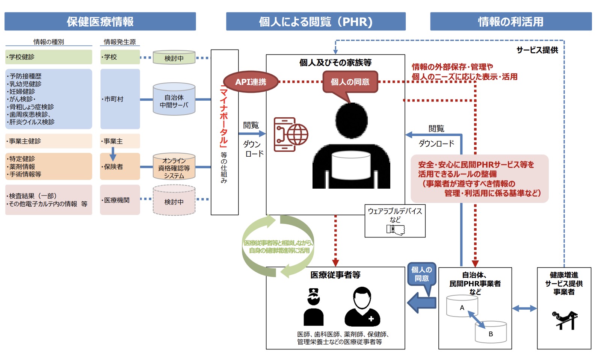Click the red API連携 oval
(251, 82)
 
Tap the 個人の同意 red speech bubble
(350, 82)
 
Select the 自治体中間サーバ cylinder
(174, 100)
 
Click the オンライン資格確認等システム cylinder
(174, 167)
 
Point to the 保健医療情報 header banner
(100, 21)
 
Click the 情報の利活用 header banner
(510, 21)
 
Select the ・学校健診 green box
(48, 57)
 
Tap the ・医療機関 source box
(120, 200)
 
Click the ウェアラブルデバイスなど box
(395, 221)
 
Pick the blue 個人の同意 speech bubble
(421, 274)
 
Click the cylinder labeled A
(462, 306)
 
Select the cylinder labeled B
(491, 332)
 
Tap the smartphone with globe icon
(290, 135)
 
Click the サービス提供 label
(537, 50)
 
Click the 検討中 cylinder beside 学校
(174, 57)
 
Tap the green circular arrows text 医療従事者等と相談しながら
(278, 247)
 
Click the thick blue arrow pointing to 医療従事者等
(421, 303)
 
